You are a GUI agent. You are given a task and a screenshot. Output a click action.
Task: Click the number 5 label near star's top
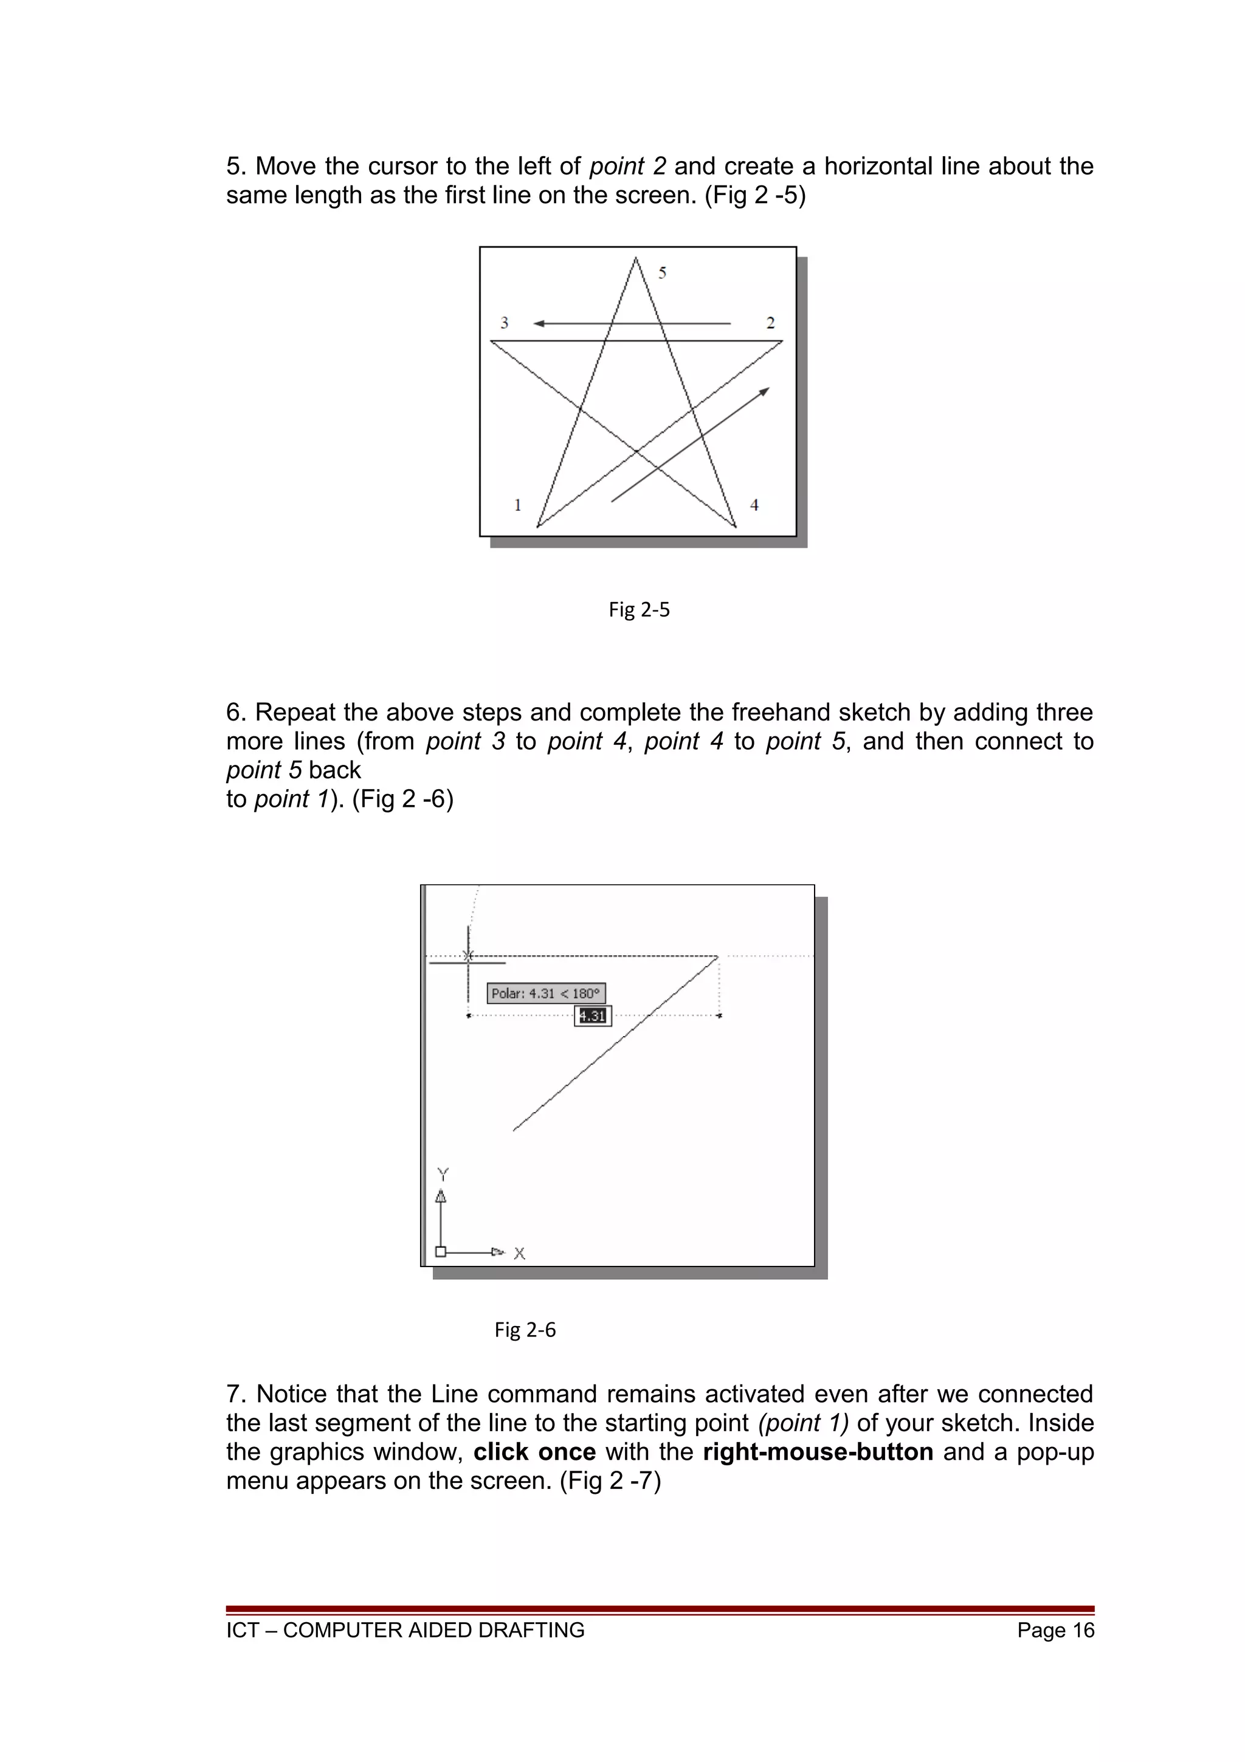coord(662,272)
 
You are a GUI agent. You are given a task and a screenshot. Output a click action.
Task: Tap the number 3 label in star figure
coord(504,323)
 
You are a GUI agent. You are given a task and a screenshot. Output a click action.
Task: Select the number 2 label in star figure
coord(770,323)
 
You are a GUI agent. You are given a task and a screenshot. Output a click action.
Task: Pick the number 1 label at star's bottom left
coord(518,505)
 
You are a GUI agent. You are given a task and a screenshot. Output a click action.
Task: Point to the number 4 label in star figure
coord(754,505)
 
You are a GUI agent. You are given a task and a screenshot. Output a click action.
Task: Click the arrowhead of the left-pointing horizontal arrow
coord(539,324)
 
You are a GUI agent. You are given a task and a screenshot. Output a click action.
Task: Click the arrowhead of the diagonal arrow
coord(764,392)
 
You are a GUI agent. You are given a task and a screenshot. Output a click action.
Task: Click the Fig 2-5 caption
coord(639,609)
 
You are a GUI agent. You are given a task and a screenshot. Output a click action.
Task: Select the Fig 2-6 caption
coord(525,1330)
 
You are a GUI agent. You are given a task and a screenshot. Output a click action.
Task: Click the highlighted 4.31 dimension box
coord(592,1016)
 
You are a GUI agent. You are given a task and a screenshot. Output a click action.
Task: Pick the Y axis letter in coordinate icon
coord(443,1175)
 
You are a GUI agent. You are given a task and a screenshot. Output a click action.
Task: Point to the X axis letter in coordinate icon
coord(519,1254)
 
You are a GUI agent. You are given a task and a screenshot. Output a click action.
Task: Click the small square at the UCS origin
coord(440,1252)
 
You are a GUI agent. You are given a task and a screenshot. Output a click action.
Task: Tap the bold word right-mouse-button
coord(818,1452)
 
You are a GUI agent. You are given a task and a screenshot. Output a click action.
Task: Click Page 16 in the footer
coord(1055,1630)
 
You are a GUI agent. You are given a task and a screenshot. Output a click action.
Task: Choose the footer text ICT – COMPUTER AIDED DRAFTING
coord(405,1630)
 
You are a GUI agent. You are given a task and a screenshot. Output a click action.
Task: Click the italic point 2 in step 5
coord(627,167)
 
